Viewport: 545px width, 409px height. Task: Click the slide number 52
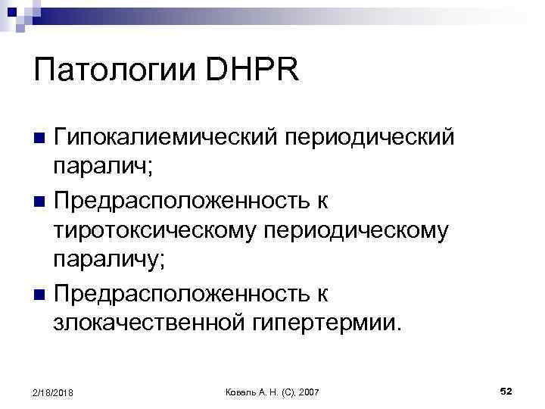point(506,390)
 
